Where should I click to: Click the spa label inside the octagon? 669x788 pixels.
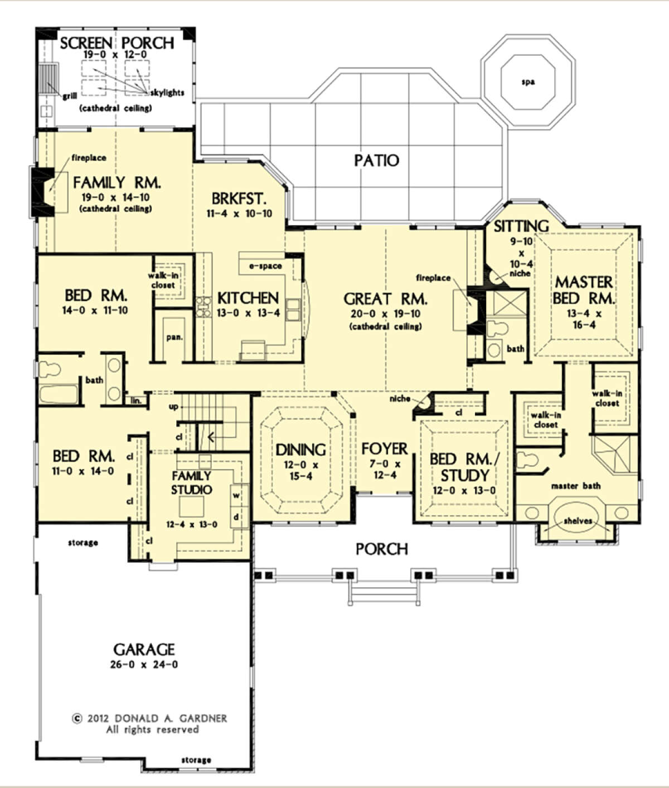(x=528, y=82)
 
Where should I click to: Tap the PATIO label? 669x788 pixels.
(x=377, y=161)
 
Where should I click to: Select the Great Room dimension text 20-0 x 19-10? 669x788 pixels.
(x=385, y=314)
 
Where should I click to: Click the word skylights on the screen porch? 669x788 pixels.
(x=167, y=93)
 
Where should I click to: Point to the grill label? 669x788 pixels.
(x=70, y=96)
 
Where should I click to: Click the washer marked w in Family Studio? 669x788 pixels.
(x=236, y=496)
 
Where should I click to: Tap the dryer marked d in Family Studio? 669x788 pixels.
(x=236, y=517)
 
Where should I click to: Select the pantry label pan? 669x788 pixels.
(x=174, y=337)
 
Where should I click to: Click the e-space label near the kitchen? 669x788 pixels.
(x=265, y=266)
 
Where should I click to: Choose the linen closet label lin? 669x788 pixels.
(x=135, y=400)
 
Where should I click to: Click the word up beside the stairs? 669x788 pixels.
(x=173, y=407)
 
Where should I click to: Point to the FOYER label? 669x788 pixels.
(x=384, y=449)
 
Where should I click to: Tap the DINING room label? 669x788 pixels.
(x=300, y=450)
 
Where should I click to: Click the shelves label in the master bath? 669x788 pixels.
(x=578, y=521)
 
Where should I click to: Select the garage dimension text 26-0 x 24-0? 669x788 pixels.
(x=144, y=665)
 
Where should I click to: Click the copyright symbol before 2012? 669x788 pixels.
(x=77, y=719)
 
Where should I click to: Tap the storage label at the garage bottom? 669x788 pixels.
(x=196, y=760)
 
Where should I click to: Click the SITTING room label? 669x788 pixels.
(x=521, y=226)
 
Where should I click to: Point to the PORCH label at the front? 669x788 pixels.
(x=381, y=549)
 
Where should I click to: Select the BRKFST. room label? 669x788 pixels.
(x=239, y=199)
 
